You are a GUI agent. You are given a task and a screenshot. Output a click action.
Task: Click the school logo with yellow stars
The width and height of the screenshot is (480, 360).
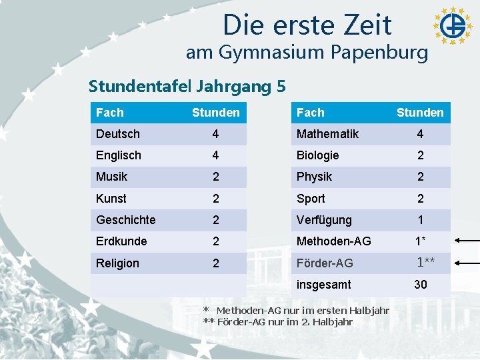click(x=453, y=26)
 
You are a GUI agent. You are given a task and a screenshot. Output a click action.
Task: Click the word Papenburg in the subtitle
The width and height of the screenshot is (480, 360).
click(x=379, y=53)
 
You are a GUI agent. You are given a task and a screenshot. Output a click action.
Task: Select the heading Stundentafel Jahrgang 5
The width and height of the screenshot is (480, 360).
click(x=187, y=86)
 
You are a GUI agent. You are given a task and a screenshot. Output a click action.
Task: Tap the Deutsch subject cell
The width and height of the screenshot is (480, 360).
click(x=118, y=134)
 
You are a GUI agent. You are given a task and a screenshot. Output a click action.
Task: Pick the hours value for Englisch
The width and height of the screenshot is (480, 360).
click(x=215, y=155)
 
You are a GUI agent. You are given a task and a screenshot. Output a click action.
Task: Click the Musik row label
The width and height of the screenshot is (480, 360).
click(x=112, y=177)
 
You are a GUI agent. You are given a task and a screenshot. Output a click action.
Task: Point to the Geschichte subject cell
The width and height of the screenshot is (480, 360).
click(x=126, y=220)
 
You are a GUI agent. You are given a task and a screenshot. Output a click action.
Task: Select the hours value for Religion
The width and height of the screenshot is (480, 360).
click(x=216, y=263)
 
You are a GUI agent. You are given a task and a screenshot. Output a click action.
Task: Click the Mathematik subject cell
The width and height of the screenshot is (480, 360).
click(x=327, y=134)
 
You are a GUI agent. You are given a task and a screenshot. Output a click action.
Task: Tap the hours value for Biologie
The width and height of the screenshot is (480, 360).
click(x=421, y=155)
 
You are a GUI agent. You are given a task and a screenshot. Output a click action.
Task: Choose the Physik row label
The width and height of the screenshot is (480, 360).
click(x=315, y=177)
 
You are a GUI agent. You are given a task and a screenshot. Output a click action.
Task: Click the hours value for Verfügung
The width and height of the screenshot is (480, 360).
click(x=421, y=220)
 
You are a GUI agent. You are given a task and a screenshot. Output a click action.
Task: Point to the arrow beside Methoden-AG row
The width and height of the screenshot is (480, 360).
click(x=467, y=241)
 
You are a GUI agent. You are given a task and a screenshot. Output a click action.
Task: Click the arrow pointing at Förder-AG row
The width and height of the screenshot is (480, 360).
click(x=467, y=263)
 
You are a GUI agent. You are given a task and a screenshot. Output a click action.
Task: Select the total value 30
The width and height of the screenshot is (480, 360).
click(x=421, y=285)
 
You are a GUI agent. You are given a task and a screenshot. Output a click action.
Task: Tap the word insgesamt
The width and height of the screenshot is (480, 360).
click(x=324, y=285)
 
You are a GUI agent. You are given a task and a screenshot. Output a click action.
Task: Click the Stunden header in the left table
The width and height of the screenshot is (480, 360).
click(x=216, y=113)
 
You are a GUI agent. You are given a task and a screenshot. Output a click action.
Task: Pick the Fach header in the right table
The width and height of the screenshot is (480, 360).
click(x=311, y=113)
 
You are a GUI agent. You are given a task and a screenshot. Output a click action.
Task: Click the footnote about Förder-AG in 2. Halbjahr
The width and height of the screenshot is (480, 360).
click(x=278, y=322)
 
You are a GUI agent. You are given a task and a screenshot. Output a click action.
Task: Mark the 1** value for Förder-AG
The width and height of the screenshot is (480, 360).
click(x=426, y=263)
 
